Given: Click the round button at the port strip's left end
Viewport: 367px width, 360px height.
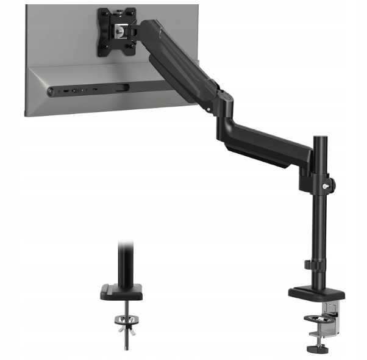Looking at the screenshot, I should [50, 92].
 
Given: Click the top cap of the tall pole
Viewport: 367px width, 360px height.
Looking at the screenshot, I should [319, 140].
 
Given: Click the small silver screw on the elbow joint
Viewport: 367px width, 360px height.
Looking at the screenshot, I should [208, 111].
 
